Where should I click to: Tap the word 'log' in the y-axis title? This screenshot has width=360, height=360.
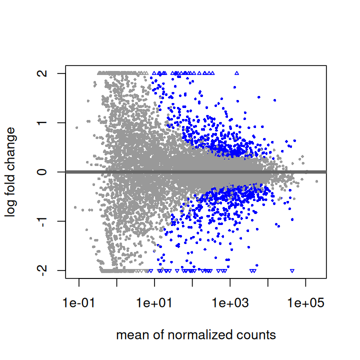tap(11, 208)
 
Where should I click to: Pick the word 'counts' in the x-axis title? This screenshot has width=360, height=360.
tap(259, 335)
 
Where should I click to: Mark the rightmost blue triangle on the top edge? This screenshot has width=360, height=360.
tap(236, 73)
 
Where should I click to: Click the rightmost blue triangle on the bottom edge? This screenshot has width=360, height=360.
tap(292, 270)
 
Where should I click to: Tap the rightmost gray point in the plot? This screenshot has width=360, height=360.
tap(316, 181)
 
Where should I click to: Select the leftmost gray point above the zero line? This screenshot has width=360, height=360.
tap(76, 127)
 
